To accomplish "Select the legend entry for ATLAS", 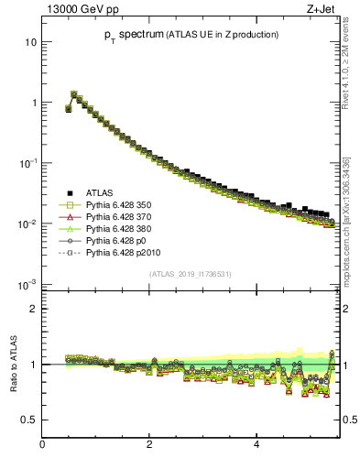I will tap(100, 192).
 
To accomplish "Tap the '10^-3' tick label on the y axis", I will tap(28, 284).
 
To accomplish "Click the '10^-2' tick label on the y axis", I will tap(28, 224).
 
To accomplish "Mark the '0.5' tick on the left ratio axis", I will tap(29, 420).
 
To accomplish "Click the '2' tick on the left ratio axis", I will tap(33, 309).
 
